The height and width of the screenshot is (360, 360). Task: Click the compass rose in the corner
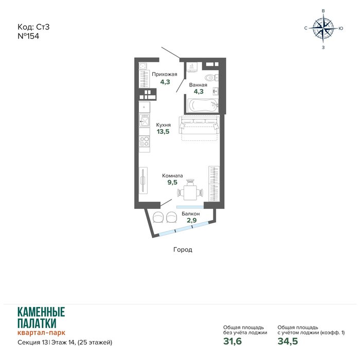click(x=323, y=28)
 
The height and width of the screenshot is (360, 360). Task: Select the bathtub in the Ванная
click(x=203, y=105)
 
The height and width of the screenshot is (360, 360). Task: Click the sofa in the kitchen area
click(x=199, y=125)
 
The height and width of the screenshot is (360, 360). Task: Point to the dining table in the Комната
click(x=190, y=192)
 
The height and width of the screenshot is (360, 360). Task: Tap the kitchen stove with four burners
click(x=145, y=141)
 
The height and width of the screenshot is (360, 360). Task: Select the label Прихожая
click(x=165, y=75)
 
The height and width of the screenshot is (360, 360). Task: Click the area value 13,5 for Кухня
click(x=163, y=132)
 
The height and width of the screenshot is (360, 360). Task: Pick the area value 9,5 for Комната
click(x=172, y=182)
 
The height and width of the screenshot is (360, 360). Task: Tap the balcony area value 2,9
click(x=191, y=220)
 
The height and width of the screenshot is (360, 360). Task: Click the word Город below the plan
click(x=183, y=249)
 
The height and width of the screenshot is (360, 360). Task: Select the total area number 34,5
click(x=287, y=341)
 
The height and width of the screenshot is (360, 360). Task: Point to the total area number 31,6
click(x=232, y=341)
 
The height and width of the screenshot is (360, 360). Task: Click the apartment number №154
click(x=28, y=36)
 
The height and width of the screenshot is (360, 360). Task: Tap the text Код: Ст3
click(x=33, y=27)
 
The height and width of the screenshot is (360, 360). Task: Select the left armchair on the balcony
click(x=158, y=217)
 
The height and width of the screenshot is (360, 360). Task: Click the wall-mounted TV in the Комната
click(x=143, y=181)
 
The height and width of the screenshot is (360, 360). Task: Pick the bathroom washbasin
click(x=215, y=92)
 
